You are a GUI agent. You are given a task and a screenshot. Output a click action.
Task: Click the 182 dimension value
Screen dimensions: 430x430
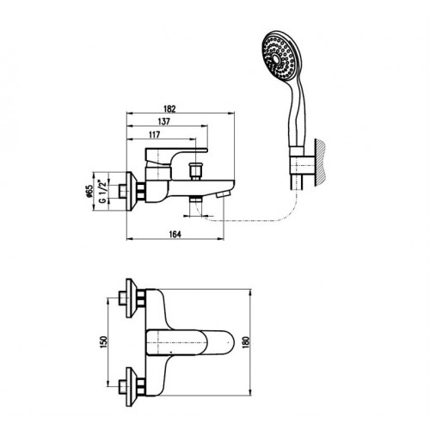(x=169, y=109)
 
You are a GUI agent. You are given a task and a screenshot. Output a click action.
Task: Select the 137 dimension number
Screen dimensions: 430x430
(x=164, y=121)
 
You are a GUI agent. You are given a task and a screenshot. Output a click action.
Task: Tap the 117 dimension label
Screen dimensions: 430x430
(x=155, y=135)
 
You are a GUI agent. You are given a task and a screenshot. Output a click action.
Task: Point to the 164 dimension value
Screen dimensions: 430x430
(x=175, y=234)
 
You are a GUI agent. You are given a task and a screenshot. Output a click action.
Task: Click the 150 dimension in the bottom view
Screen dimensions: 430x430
(x=103, y=341)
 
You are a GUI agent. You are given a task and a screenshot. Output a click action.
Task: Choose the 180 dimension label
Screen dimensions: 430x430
(x=246, y=341)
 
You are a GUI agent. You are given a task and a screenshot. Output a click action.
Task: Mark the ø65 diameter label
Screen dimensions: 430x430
(x=89, y=191)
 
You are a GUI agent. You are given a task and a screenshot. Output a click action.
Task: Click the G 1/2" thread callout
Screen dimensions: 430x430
(x=102, y=192)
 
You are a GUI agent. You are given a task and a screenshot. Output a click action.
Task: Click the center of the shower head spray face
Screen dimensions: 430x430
(x=276, y=58)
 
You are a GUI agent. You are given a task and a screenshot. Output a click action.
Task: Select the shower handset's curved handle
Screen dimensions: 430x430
(x=297, y=114)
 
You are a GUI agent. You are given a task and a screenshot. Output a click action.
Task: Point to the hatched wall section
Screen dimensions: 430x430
(x=321, y=163)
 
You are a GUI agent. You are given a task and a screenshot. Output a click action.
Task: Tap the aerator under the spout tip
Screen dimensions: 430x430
(x=224, y=194)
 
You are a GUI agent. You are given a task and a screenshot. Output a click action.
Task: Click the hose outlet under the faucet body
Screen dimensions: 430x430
(x=196, y=200)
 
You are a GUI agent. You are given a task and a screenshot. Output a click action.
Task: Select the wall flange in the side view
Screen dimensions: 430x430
(x=132, y=192)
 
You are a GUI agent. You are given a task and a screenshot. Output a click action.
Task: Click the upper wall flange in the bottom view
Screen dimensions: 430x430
(x=131, y=298)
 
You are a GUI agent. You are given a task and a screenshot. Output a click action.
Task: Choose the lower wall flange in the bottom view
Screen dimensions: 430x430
(x=131, y=387)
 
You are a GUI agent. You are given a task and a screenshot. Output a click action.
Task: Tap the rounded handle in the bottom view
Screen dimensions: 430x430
(x=190, y=342)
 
